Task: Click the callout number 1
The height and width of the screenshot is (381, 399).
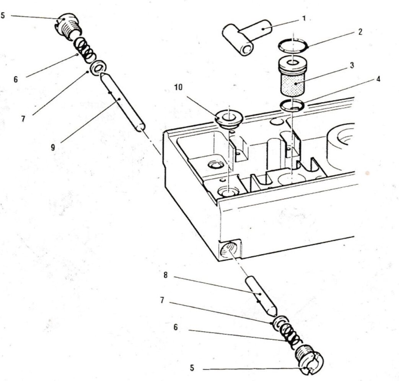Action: [x=304, y=18]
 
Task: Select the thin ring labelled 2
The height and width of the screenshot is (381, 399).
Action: [x=293, y=46]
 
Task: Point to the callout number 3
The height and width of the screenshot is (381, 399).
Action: [x=352, y=65]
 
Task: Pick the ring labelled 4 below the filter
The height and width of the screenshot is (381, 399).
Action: [x=293, y=105]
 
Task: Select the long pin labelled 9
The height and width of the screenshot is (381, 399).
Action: [x=122, y=102]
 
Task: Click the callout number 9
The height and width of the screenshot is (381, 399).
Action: [x=53, y=147]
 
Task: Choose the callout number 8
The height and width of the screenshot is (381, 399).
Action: [x=165, y=275]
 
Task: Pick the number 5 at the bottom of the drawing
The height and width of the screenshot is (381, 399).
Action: [x=192, y=368]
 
